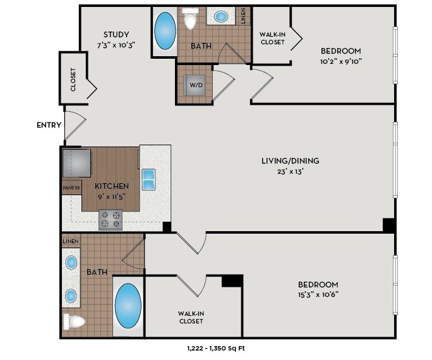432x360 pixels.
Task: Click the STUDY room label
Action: [116, 35]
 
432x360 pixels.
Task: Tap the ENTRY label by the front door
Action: [49, 125]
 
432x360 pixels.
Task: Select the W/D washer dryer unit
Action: [195, 85]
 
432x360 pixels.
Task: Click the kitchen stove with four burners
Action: [111, 220]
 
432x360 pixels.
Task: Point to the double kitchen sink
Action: [148, 179]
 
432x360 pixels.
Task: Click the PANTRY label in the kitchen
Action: [71, 188]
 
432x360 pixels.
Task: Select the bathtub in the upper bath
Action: [165, 31]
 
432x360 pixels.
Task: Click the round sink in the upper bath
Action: [220, 16]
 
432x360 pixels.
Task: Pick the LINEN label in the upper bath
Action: [243, 16]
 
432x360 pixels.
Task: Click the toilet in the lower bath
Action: [74, 321]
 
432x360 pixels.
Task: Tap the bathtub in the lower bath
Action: [128, 306]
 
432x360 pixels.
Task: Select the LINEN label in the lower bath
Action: [71, 241]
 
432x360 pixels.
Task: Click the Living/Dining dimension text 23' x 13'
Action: [290, 172]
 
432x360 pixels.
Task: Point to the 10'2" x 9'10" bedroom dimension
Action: [341, 61]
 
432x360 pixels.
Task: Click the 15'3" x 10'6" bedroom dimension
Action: [318, 294]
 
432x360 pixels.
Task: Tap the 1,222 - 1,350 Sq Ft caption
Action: [216, 349]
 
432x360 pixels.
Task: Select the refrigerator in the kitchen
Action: [77, 163]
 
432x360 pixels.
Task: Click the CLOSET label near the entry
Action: [73, 80]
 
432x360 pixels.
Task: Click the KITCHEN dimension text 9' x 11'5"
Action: [112, 196]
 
